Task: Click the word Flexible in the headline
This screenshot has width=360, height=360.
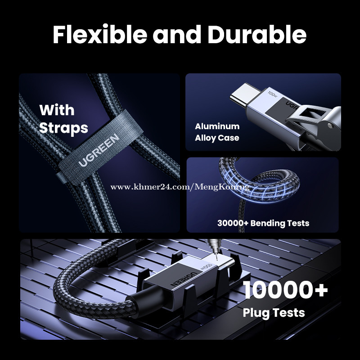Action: pos(100,35)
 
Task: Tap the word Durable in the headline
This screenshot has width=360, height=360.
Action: pos(257,35)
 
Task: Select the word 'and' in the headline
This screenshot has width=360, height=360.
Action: pos(177,35)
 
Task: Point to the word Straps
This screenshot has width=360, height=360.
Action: pos(63,128)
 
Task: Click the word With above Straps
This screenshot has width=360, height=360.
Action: pos(57,110)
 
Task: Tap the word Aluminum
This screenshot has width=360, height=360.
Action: pos(217,126)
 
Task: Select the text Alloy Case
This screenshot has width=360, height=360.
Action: pos(217,138)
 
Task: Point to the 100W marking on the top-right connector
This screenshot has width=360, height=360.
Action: pos(273,94)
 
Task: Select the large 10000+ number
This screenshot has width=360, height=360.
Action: pos(285,290)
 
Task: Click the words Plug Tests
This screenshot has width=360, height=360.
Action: pos(274,313)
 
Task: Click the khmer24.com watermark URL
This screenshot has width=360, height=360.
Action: pos(180,187)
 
